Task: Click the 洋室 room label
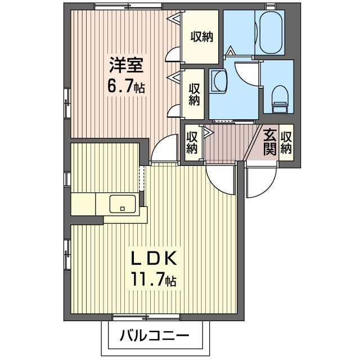pyautogui.click(x=126, y=65)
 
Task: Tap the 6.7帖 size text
pyautogui.click(x=126, y=87)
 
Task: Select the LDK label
pyautogui.click(x=154, y=258)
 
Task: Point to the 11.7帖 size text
pyautogui.click(x=154, y=279)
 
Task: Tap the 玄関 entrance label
pyautogui.click(x=269, y=142)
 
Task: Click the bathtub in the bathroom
pyautogui.click(x=271, y=32)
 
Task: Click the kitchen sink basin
pyautogui.click(x=123, y=204)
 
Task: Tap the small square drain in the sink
pyautogui.click(x=123, y=209)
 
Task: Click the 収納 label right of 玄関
pyautogui.click(x=286, y=142)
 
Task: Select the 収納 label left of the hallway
pyautogui.click(x=192, y=142)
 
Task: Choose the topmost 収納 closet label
pyautogui.click(x=202, y=37)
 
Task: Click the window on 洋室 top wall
pyautogui.click(x=128, y=6)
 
